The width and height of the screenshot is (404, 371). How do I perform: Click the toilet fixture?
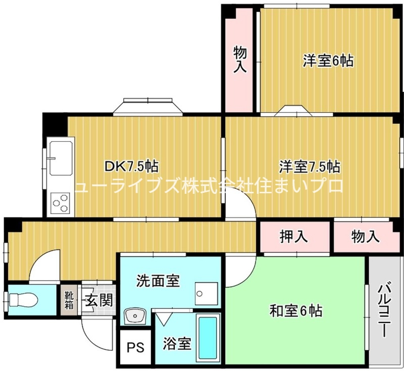(23, 300)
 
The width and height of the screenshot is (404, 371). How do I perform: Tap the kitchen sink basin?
(61, 158)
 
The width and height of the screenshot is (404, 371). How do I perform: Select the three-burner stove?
(61, 203)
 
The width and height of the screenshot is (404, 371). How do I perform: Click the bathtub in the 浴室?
(208, 338)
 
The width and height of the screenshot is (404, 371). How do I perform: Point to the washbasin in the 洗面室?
(135, 316)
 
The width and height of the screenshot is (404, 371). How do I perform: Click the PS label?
(135, 348)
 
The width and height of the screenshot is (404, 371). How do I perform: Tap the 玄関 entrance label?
(99, 300)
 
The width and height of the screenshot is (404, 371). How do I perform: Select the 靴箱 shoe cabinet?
(69, 300)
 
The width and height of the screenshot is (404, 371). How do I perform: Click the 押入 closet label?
(294, 236)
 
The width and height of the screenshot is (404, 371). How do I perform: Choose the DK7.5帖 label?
(131, 166)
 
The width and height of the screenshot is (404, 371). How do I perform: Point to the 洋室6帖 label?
(328, 61)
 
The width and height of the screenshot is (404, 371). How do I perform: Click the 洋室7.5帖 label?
(310, 167)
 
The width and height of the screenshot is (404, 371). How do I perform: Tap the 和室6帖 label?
(295, 311)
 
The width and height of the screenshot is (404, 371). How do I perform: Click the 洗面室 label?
(158, 281)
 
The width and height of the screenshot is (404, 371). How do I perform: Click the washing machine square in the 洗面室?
(207, 293)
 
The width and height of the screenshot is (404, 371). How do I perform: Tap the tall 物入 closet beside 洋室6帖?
(239, 61)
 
